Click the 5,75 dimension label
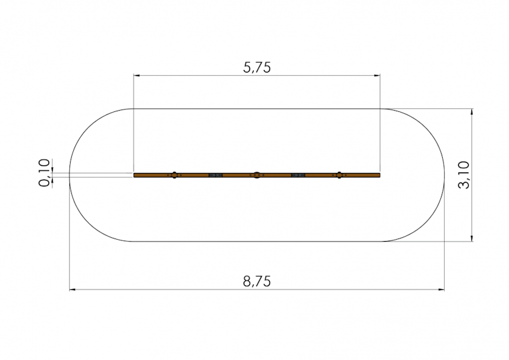click(257, 67)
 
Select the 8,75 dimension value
click(257, 281)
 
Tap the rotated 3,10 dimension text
click(464, 175)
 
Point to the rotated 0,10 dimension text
click(44, 173)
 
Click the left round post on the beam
click(174, 175)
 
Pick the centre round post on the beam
click(257, 175)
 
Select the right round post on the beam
click(339, 175)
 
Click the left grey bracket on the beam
click(216, 176)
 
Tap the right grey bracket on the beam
click(298, 176)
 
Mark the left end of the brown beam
click(134, 176)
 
